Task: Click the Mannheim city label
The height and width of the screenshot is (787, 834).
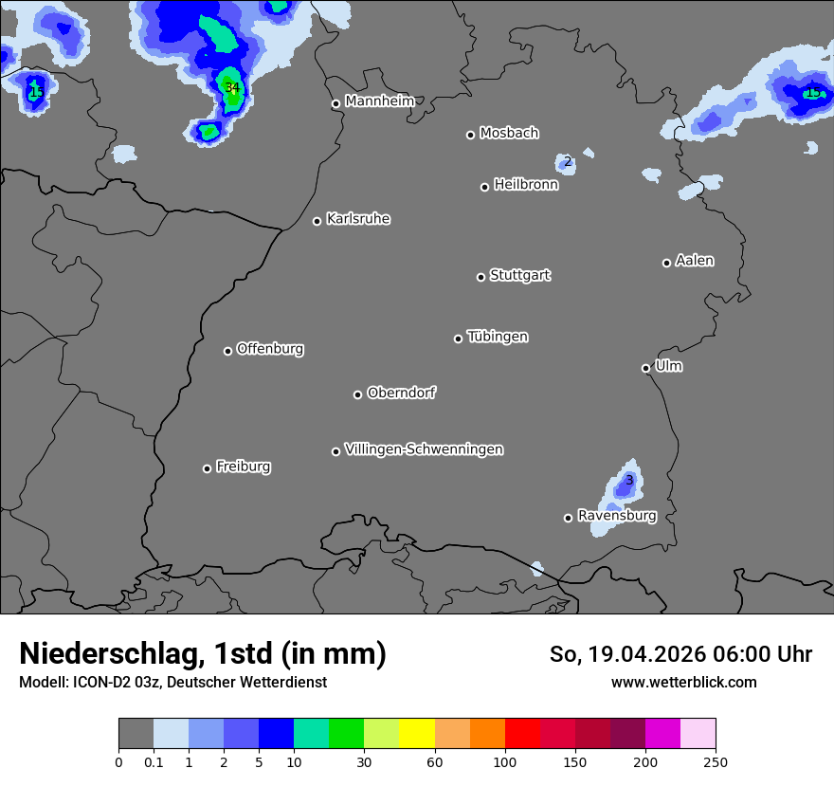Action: click(379, 101)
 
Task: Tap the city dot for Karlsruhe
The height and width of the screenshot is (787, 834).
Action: click(317, 221)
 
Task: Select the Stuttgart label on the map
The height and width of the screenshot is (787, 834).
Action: click(519, 275)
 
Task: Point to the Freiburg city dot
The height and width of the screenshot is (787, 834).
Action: click(207, 468)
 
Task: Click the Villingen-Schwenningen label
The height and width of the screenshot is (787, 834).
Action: click(424, 449)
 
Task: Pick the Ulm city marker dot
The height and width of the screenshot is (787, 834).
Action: click(646, 368)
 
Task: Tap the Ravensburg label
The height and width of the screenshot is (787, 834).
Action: click(616, 516)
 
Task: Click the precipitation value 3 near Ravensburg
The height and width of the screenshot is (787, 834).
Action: click(628, 481)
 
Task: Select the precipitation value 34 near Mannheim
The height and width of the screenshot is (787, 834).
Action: click(232, 88)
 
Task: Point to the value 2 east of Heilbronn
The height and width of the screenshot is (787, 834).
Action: click(567, 162)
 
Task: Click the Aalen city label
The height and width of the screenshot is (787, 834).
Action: click(695, 261)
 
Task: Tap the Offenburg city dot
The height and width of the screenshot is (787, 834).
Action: click(227, 351)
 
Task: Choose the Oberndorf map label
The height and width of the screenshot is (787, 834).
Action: click(401, 393)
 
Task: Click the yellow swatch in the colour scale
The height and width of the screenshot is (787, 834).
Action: click(417, 734)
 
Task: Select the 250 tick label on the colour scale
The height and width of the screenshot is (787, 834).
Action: click(715, 761)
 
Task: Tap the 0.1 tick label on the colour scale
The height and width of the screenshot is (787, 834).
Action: click(154, 761)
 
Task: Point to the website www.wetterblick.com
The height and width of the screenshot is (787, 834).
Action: click(683, 682)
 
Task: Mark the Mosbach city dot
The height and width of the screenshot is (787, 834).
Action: click(470, 135)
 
